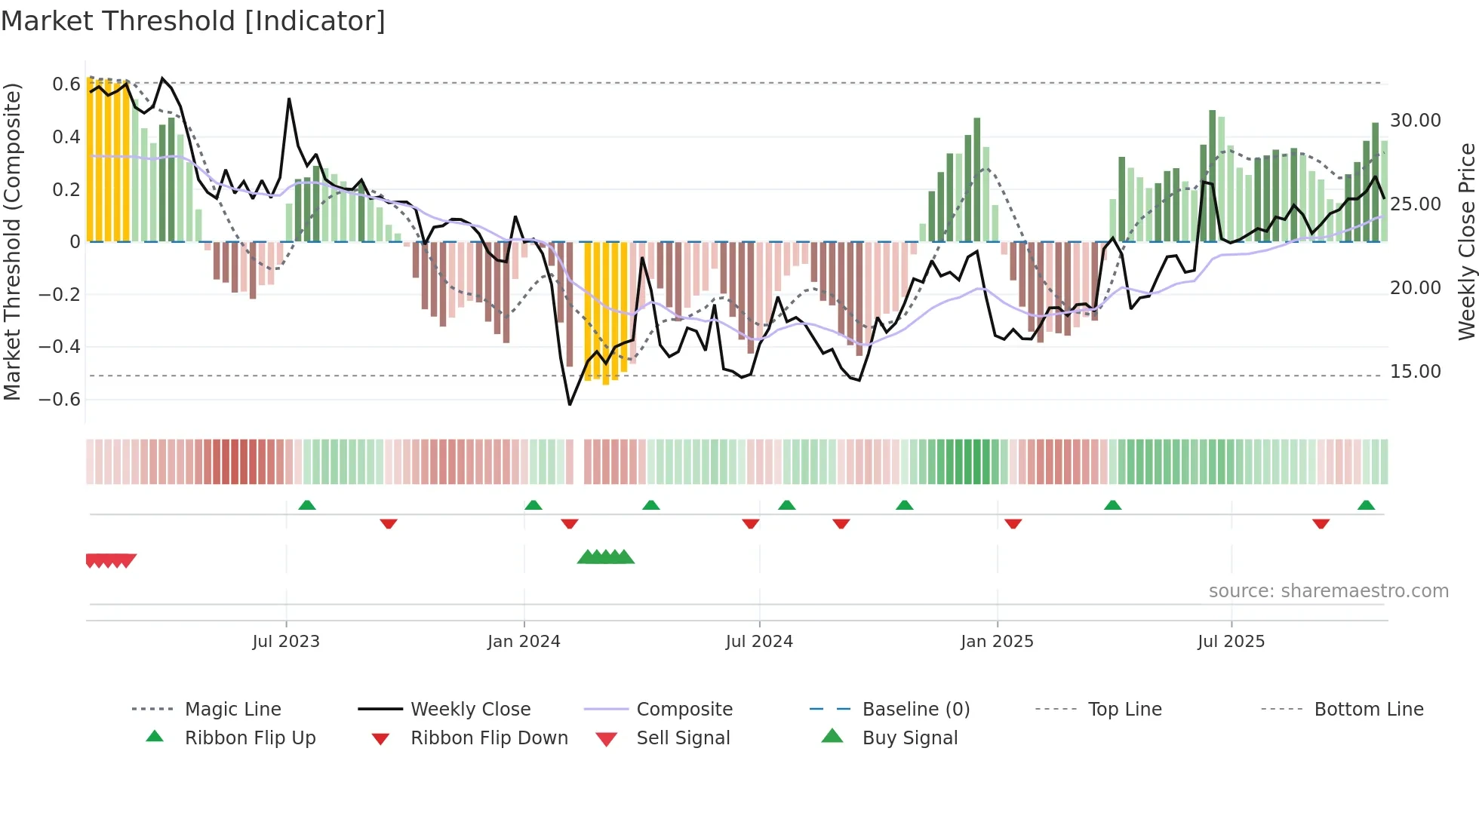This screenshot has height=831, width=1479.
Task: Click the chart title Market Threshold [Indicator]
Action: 193,21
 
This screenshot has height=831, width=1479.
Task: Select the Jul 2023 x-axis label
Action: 286,642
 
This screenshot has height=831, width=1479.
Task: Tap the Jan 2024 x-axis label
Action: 524,642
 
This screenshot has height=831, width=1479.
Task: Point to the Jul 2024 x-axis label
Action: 759,642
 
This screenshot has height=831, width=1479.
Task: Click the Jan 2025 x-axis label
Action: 997,642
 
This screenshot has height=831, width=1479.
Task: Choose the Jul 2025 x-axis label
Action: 1231,642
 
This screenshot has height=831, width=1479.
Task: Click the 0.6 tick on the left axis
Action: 66,84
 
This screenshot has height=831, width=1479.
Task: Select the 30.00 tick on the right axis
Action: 1415,121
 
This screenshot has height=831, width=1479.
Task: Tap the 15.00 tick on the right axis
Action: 1415,372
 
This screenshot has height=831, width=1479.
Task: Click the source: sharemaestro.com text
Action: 1328,591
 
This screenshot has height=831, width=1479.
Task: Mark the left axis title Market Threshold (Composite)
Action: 12,241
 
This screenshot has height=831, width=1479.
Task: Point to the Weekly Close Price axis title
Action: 1466,241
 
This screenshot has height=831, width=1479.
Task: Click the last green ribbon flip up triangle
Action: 1366,505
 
